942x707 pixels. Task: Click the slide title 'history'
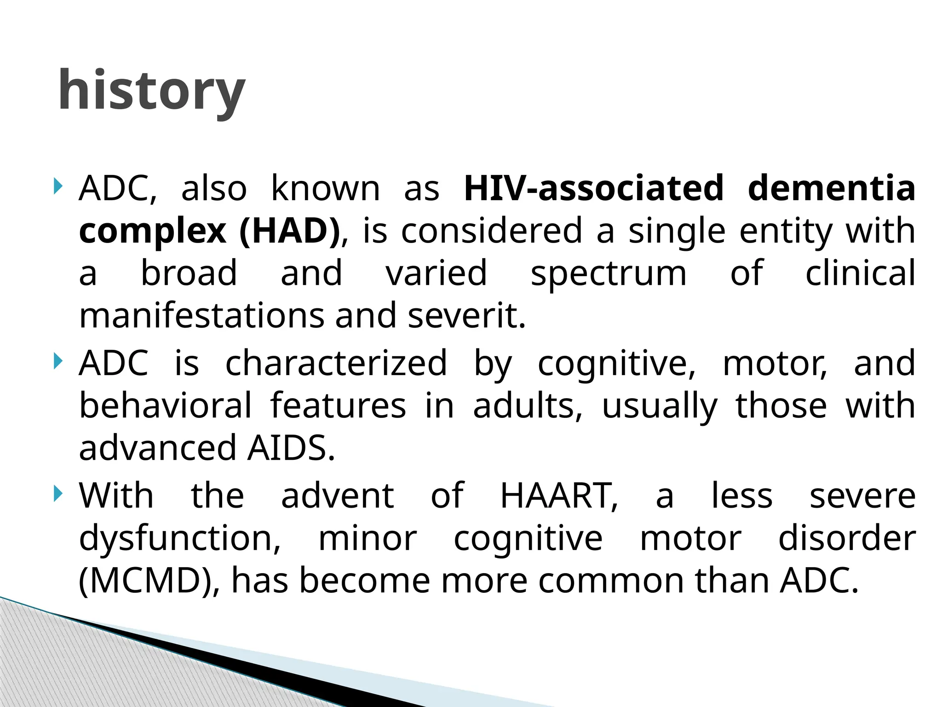point(151,91)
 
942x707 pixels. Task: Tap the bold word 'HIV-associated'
point(594,188)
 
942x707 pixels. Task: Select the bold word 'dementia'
point(831,188)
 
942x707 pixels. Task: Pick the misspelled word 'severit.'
point(466,316)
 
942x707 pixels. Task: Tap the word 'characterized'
point(336,363)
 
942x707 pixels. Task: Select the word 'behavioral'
point(165,406)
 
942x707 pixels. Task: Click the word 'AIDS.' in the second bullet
point(291,448)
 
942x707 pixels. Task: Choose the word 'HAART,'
point(559,496)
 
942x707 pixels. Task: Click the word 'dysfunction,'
point(180,538)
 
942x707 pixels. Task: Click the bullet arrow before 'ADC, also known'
point(57,186)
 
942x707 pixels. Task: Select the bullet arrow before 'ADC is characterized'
point(57,361)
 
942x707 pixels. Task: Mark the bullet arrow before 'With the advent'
point(57,494)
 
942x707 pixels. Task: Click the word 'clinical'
point(860,273)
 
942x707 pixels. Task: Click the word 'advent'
point(337,496)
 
